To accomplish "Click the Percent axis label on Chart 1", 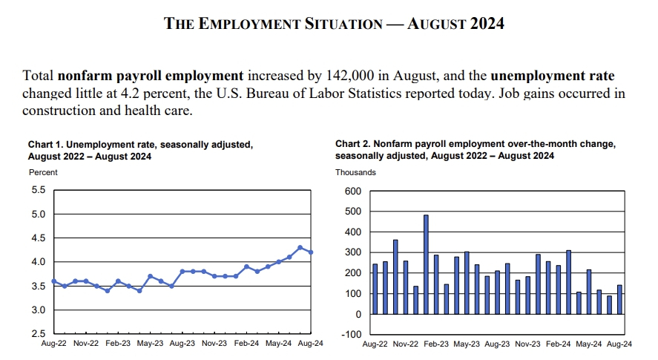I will point(43,172).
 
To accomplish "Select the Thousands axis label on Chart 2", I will point(355,172).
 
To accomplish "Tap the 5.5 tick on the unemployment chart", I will point(39,191).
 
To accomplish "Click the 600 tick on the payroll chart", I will point(352,192).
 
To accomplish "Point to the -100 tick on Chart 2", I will point(350,334).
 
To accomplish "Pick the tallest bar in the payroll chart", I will point(426,264).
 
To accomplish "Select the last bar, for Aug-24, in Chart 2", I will point(619,299).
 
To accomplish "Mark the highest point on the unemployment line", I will point(300,247).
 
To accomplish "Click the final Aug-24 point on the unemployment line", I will point(311,252).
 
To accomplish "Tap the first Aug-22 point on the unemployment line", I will point(53,281).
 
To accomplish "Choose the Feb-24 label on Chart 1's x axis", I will point(246,344).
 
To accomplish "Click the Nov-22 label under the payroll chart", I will point(405,344).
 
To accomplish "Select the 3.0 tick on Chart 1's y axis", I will point(39,310).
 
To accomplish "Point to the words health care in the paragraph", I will point(166,111).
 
